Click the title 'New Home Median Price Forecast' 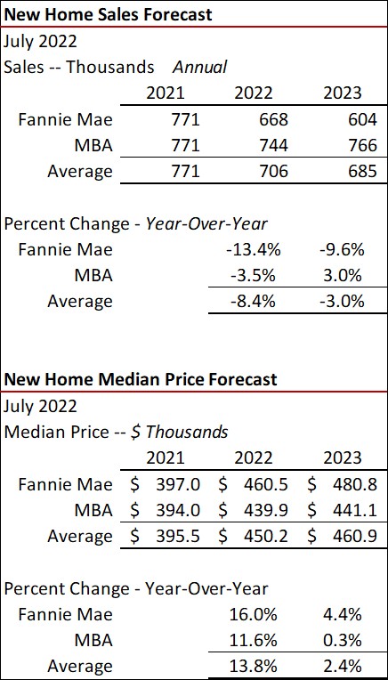click(141, 379)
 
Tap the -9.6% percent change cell click(342, 248)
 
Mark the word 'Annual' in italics click(199, 67)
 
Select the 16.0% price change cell click(253, 614)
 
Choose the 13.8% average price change click(253, 666)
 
